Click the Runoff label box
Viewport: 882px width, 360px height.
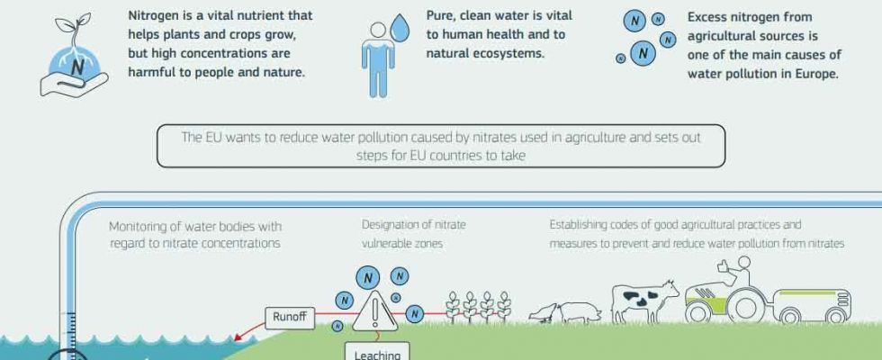[x=290, y=318]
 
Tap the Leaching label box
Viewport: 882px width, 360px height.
[x=377, y=352]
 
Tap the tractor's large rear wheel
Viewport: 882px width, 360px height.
[x=746, y=307]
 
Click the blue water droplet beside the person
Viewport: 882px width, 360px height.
[x=400, y=28]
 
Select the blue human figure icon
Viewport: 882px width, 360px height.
[x=378, y=59]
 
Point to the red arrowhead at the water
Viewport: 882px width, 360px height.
[x=238, y=337]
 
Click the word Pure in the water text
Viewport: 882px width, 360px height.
[x=440, y=16]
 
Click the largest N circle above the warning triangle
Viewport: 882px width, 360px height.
[x=368, y=278]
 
